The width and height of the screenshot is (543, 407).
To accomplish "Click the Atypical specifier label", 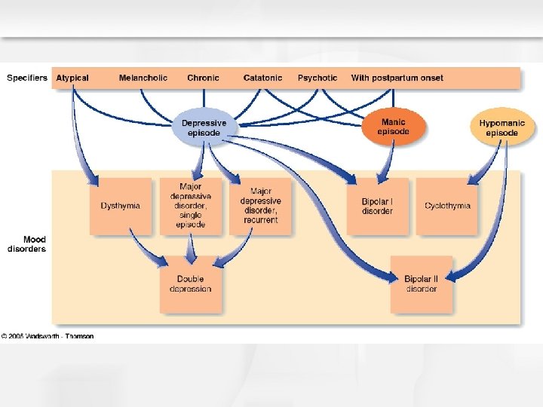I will coord(72,78).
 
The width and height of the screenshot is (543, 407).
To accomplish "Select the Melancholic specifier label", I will coord(143,78).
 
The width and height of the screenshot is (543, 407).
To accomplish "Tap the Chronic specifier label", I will coord(203,78).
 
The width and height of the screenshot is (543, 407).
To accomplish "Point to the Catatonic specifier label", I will coord(263,78).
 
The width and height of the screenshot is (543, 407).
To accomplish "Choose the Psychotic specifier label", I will coord(318,78).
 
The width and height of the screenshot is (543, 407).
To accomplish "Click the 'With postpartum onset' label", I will coord(397,78).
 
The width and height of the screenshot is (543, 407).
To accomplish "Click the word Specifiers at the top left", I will coord(27,78).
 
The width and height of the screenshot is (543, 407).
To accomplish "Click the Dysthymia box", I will coord(121,206).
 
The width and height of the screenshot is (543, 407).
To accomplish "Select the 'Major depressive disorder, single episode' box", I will coord(191,205).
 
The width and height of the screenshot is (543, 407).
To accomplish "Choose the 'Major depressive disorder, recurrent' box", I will coord(260,206).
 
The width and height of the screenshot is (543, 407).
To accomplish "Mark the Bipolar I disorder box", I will coord(377,206).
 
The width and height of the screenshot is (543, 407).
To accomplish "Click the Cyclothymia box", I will coord(447,206).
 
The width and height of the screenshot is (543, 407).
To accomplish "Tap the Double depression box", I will coord(190,283).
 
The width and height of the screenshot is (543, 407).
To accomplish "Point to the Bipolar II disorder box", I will coord(421,283).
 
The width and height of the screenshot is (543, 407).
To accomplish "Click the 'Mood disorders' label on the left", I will coord(27,244).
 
